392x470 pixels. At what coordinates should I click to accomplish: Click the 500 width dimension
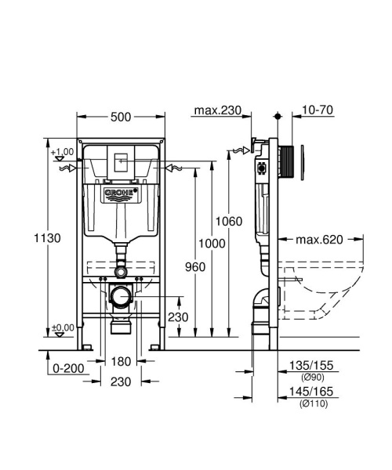tap(120, 117)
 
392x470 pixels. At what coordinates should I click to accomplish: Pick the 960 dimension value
tap(194, 268)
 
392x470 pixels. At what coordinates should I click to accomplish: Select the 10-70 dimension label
tap(318, 110)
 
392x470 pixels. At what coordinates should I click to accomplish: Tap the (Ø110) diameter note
tap(311, 403)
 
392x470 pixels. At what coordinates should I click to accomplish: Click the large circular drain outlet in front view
tap(121, 298)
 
